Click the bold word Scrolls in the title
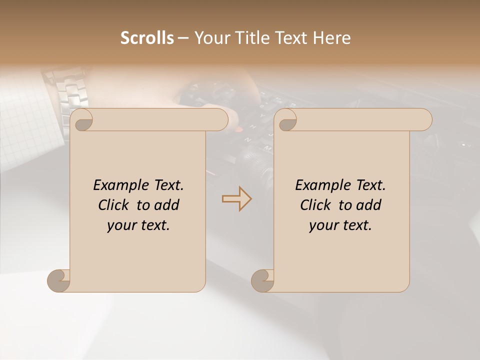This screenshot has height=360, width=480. tap(147, 37)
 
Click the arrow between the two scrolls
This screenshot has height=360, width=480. tap(236, 199)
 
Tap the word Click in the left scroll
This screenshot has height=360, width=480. tap(114, 205)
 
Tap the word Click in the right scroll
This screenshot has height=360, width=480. tap(316, 205)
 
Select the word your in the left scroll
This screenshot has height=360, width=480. tap(121, 225)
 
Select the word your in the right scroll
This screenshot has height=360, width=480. tap(323, 225)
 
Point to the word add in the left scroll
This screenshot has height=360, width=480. tap(167, 205)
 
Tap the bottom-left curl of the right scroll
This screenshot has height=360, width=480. tap(263, 280)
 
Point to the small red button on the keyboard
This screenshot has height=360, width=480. tap(239, 129)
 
